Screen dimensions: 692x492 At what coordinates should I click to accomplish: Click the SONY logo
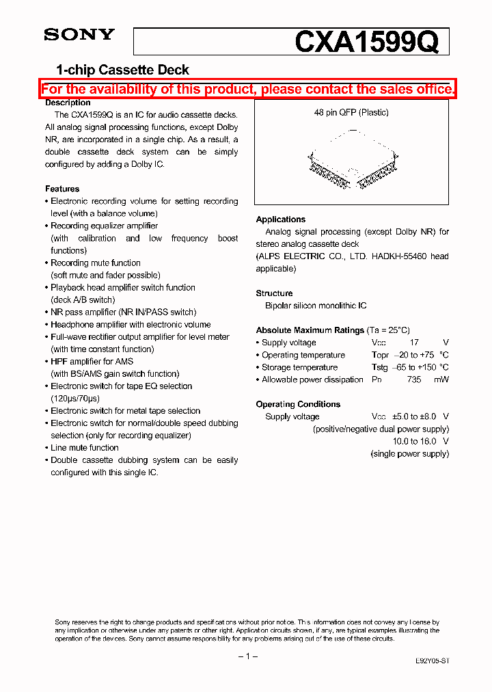(x=79, y=35)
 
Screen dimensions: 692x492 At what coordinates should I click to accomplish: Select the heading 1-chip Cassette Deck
(x=122, y=70)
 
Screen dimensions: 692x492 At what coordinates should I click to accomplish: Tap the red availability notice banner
(x=247, y=90)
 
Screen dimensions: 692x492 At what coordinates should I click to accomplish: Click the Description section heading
(x=68, y=103)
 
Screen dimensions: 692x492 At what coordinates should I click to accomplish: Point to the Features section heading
(x=62, y=189)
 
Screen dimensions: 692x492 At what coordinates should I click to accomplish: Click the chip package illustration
(x=351, y=168)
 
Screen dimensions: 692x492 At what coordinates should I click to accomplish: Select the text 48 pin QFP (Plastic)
(x=351, y=112)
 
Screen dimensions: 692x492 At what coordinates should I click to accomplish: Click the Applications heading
(x=280, y=219)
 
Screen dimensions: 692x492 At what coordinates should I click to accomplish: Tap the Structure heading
(x=274, y=293)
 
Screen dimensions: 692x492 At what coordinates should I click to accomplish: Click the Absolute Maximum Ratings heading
(x=310, y=330)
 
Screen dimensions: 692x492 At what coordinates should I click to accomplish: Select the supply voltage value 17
(x=414, y=343)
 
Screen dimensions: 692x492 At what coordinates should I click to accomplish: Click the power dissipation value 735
(x=414, y=380)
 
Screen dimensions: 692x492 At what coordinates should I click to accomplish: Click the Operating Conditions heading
(x=298, y=404)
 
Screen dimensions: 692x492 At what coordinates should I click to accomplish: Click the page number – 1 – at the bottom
(x=247, y=656)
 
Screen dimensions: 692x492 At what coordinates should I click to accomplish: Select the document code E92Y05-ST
(x=432, y=661)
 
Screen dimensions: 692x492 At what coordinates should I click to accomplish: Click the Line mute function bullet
(x=85, y=448)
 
